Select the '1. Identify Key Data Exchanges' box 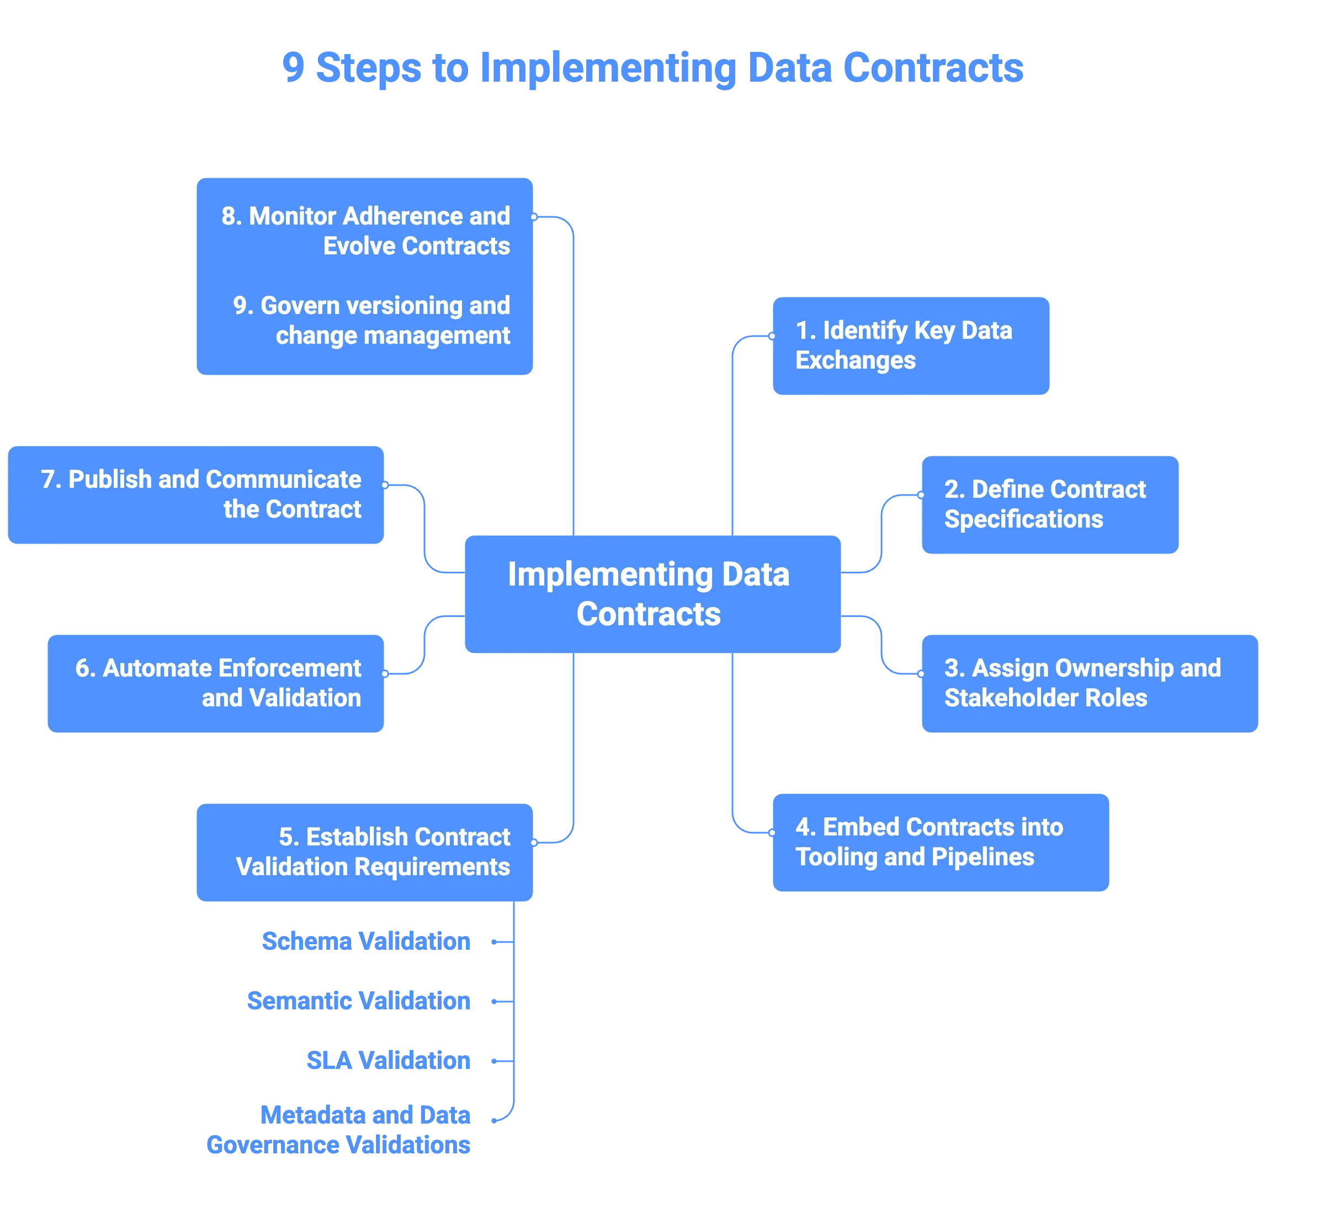[x=911, y=346]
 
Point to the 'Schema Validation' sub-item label [x=367, y=941]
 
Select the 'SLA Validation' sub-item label [x=388, y=1061]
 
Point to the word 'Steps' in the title [x=368, y=68]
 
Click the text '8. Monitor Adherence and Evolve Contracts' [x=365, y=231]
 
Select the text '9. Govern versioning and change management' [x=371, y=321]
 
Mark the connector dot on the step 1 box [x=772, y=336]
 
